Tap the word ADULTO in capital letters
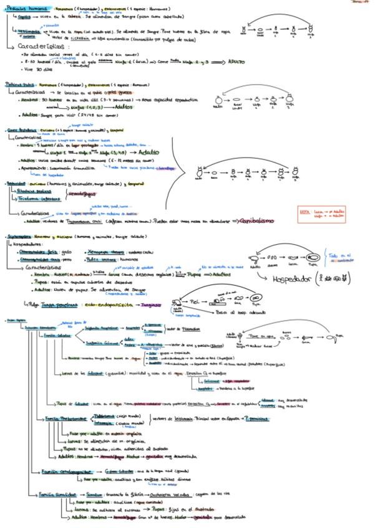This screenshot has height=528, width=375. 236,63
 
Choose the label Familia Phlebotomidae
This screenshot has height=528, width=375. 62,417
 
